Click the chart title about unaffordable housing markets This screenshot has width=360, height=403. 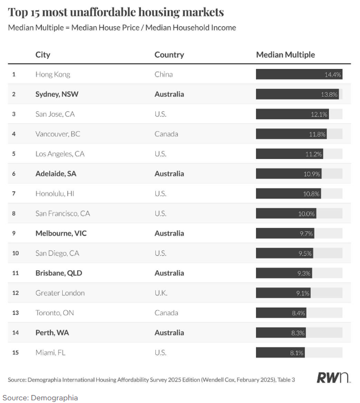[116, 12]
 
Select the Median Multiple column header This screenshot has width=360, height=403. [286, 55]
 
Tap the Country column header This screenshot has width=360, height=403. [169, 55]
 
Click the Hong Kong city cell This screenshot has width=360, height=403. [52, 74]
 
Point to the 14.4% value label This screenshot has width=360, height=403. [333, 74]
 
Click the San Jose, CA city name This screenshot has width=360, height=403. [56, 114]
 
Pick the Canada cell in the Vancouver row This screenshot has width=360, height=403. [166, 134]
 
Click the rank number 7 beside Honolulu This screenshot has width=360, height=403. [14, 193]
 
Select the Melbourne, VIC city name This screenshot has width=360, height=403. [62, 233]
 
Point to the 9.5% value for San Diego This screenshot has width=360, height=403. [305, 253]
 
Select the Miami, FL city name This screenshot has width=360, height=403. [50, 353]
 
